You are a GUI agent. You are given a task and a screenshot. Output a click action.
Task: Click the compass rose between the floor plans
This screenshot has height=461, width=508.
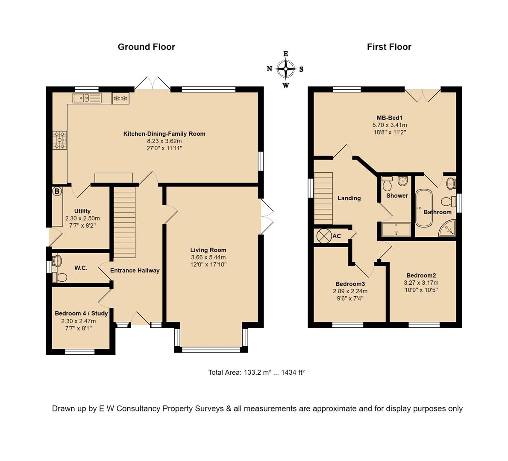(285, 69)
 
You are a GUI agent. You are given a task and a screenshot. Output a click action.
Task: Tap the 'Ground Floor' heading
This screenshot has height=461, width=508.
(146, 47)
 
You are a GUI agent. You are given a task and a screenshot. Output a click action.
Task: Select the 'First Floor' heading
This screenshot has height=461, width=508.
(389, 47)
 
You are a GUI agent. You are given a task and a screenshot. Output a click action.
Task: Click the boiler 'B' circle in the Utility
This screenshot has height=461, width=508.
(57, 192)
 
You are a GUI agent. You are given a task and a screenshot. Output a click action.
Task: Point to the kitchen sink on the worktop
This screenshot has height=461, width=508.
(87, 98)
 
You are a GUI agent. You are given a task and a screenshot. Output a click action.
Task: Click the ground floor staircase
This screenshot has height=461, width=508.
(124, 222)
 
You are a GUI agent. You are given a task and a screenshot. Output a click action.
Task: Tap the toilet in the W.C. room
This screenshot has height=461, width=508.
(60, 277)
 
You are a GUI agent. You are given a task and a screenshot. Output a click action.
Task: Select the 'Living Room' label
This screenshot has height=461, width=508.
(208, 250)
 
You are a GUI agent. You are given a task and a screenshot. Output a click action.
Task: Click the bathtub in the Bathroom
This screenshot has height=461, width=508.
(425, 208)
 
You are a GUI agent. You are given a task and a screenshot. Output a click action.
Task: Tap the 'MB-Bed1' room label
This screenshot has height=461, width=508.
(389, 118)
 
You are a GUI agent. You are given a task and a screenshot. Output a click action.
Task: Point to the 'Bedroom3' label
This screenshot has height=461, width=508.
(350, 284)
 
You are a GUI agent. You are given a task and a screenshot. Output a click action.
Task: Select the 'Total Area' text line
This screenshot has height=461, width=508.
(256, 372)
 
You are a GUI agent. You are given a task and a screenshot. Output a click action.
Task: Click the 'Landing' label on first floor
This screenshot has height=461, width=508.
(349, 198)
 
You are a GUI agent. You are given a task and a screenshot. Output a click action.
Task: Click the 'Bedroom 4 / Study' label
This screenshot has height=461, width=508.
(81, 313)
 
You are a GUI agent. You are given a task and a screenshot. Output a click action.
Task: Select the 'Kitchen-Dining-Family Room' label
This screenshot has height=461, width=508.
(164, 134)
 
